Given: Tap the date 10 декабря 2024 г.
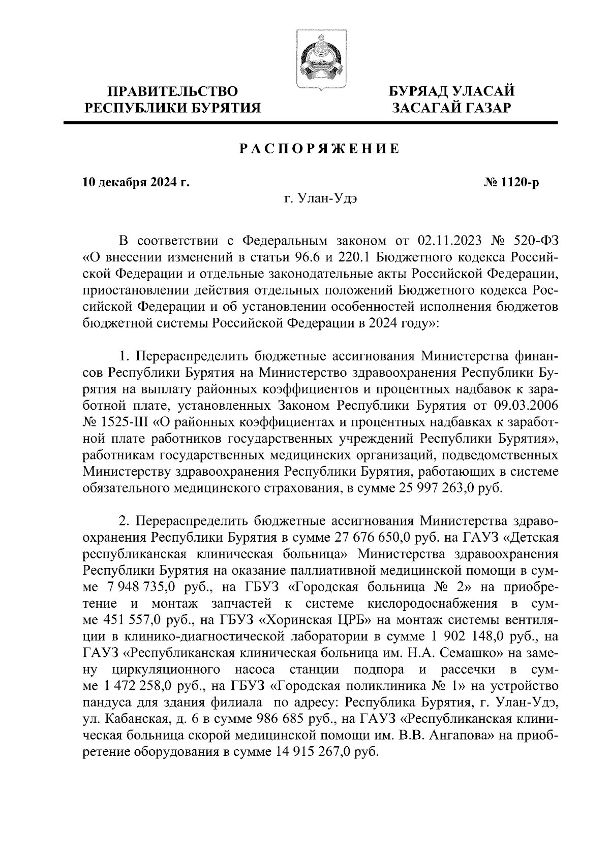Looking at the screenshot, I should pos(136,182).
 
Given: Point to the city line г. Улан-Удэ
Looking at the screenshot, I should pos(320,200).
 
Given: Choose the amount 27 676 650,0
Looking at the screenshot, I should pos(374,537).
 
